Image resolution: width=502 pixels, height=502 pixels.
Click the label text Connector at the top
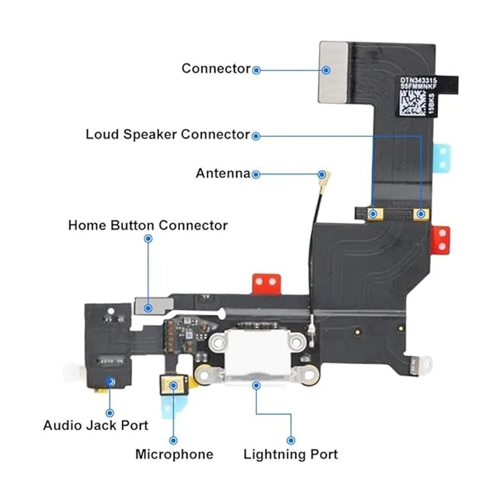click(216, 69)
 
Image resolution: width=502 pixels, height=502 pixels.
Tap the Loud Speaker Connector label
click(167, 135)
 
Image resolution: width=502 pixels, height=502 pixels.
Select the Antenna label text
click(223, 173)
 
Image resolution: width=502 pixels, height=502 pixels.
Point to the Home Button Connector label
click(148, 225)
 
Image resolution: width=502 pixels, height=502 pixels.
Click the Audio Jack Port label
click(96, 425)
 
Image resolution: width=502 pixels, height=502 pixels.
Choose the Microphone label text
click(174, 454)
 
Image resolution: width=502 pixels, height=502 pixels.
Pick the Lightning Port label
click(291, 454)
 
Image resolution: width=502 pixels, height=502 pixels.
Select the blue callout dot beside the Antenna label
click(256, 174)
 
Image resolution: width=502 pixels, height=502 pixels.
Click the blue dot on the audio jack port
click(110, 381)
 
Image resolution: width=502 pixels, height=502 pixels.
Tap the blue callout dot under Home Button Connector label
click(148, 239)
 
